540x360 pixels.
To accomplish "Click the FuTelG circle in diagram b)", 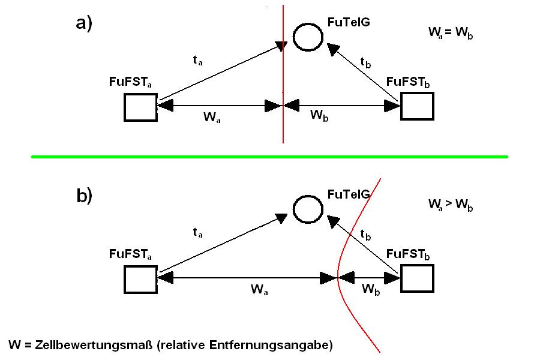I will [308, 209].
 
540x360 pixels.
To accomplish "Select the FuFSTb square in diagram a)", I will [416, 106].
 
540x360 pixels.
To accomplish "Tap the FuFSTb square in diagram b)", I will [416, 278].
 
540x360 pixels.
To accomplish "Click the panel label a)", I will [84, 23].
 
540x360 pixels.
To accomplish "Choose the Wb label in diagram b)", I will [371, 289].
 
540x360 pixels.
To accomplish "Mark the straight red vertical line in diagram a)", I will [283, 72].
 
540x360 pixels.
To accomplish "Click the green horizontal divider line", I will [270, 157].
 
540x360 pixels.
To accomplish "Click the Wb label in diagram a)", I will [320, 116].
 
